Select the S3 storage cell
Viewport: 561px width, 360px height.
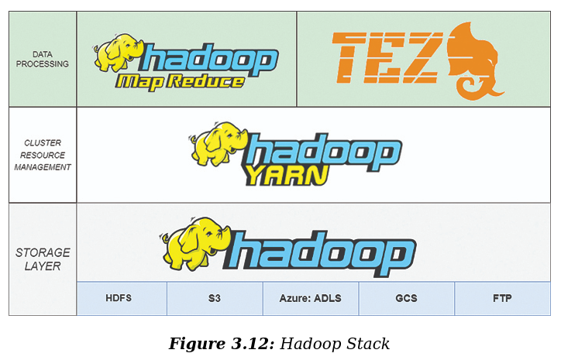(215, 299)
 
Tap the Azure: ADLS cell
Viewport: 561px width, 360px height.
(310, 299)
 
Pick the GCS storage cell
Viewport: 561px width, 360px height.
(406, 299)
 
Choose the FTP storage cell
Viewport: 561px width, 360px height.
(501, 299)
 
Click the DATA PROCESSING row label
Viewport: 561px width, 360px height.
(43, 59)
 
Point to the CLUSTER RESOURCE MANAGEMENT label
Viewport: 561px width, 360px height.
(43, 155)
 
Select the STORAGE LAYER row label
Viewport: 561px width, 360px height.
(43, 259)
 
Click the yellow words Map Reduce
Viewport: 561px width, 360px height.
(181, 81)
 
